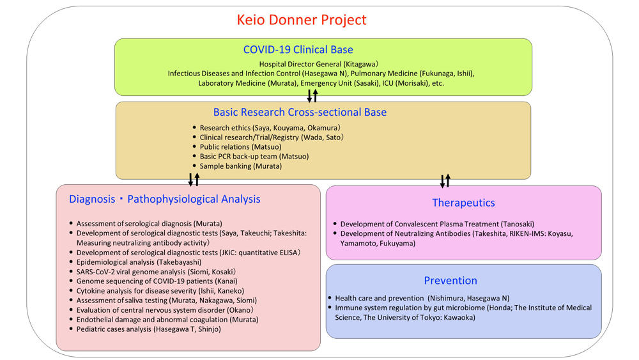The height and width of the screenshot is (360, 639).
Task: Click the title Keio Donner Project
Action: [302, 20]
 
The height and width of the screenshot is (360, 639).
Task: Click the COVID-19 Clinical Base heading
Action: [298, 50]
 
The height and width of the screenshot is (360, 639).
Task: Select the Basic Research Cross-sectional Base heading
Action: [300, 113]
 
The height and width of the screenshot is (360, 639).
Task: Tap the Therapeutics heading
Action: [463, 203]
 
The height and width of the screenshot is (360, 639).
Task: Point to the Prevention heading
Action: [450, 281]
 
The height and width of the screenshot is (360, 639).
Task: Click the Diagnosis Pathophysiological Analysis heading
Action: [165, 199]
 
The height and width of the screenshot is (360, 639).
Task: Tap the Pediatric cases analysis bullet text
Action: [151, 329]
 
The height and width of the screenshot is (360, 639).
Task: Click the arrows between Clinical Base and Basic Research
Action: [312, 96]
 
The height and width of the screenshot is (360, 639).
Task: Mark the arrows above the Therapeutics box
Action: [445, 180]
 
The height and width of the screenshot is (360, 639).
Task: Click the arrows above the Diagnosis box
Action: [194, 180]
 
